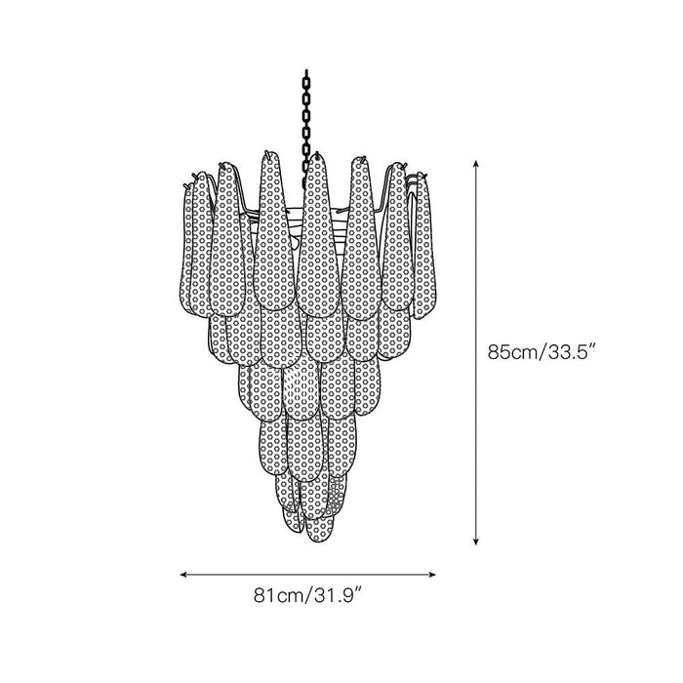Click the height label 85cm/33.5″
click(x=542, y=352)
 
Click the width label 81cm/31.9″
click(x=308, y=595)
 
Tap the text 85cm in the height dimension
click(x=513, y=352)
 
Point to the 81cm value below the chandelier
click(x=278, y=595)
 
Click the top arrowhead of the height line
click(x=476, y=164)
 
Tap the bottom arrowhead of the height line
click(x=476, y=541)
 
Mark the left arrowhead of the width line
click(x=183, y=575)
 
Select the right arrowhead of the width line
click(x=432, y=575)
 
